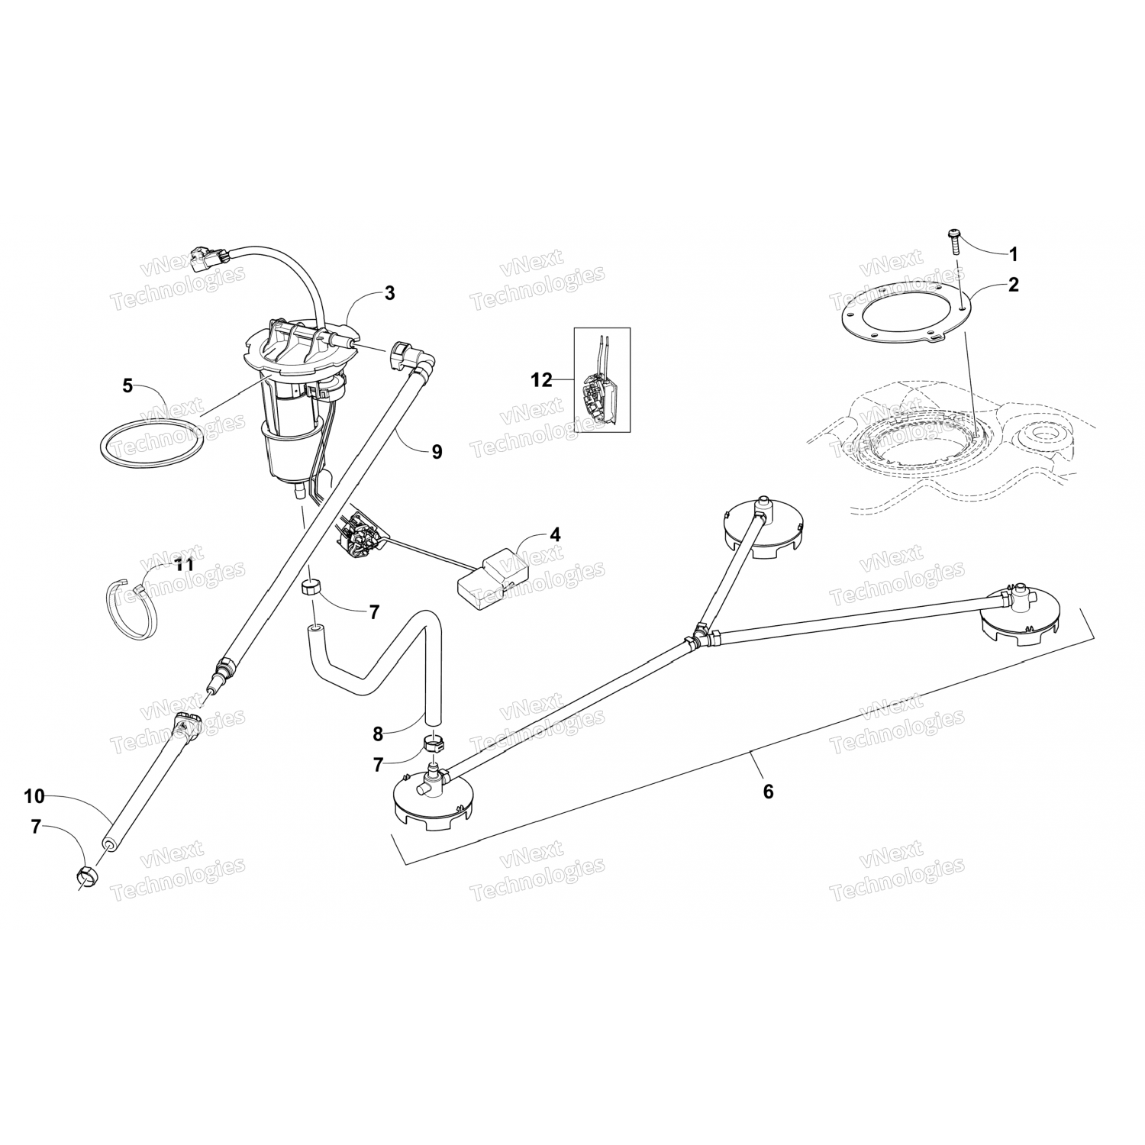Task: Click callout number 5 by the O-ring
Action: tap(127, 386)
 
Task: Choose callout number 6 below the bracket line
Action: tap(768, 792)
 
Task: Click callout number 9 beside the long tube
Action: tap(437, 452)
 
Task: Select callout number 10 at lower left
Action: tap(34, 796)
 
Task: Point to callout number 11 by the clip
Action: tap(183, 566)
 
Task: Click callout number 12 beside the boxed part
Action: tap(541, 380)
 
